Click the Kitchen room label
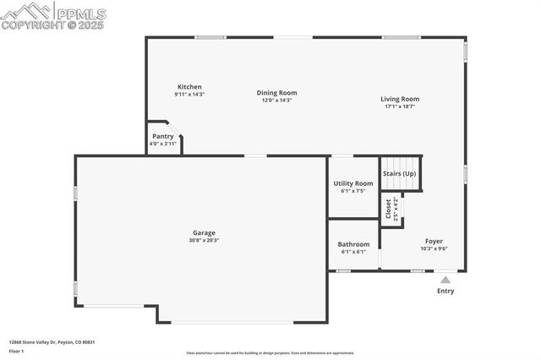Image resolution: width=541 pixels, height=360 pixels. [x=189, y=87]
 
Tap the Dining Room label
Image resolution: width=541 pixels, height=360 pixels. [x=277, y=93]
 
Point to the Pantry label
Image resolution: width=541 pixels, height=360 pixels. [x=163, y=136]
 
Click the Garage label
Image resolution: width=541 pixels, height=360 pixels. [x=204, y=232]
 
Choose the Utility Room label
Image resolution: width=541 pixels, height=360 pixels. [x=352, y=183]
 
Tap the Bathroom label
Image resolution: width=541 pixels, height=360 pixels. [x=352, y=244]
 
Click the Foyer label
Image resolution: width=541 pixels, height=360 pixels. [x=434, y=241]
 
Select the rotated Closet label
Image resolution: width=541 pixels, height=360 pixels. [x=388, y=209]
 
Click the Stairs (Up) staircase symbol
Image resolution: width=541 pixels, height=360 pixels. [x=400, y=173]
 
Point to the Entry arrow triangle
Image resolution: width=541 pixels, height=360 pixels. [x=445, y=280]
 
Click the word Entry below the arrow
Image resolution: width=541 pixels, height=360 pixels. [x=445, y=292]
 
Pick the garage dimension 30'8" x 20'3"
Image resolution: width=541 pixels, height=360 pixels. [x=204, y=240]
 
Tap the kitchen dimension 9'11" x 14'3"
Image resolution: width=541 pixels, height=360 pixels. [x=189, y=95]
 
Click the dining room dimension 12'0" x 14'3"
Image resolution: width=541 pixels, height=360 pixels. [x=277, y=101]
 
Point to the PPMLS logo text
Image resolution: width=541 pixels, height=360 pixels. [x=80, y=14]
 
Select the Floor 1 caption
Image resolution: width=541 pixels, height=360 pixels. [x=16, y=351]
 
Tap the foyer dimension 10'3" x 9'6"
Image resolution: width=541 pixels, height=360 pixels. [x=434, y=248]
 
